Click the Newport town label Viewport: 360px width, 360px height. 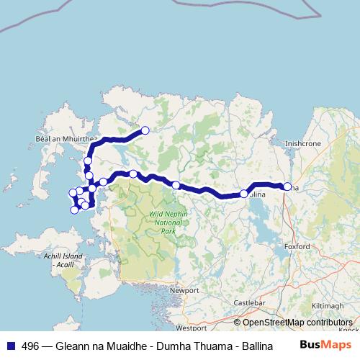coord(184,290)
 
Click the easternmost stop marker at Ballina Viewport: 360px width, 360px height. coord(287,187)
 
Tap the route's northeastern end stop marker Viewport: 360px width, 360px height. coord(145,130)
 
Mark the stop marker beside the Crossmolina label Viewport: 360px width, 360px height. coord(243,194)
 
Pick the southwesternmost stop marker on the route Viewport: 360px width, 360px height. coord(74,210)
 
